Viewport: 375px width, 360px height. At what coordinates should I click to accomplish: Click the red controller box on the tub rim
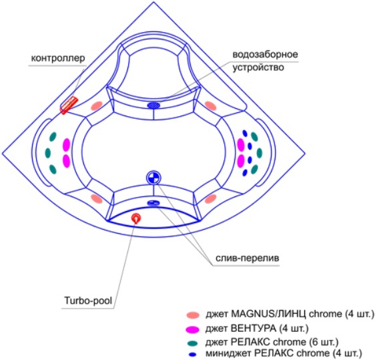[69, 106]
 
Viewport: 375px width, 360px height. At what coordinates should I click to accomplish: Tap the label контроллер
[58, 58]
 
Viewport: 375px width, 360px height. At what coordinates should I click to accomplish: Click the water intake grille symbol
[153, 105]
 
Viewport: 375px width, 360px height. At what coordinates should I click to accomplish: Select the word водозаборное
[266, 54]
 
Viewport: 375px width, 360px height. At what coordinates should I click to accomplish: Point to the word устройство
[258, 67]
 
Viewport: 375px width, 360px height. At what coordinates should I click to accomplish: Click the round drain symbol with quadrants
[153, 178]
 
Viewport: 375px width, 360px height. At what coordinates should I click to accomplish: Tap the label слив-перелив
[248, 258]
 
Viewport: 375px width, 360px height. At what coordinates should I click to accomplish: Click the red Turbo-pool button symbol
[136, 218]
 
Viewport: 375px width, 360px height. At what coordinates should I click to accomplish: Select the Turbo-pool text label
[88, 300]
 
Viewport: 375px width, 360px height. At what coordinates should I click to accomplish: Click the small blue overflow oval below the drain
[153, 203]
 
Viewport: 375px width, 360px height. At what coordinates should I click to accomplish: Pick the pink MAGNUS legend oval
[193, 315]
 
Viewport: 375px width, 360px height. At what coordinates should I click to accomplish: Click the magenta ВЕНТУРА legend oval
[193, 329]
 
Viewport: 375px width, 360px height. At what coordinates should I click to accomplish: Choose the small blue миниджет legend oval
[193, 354]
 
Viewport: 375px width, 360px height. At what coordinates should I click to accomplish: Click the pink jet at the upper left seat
[97, 106]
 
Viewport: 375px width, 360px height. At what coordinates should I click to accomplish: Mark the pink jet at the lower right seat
[210, 199]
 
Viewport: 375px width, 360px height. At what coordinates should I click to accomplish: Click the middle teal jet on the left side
[48, 153]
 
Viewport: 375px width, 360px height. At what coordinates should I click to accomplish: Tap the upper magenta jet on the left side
[66, 145]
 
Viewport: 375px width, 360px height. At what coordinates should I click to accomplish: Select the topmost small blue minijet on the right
[245, 133]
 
